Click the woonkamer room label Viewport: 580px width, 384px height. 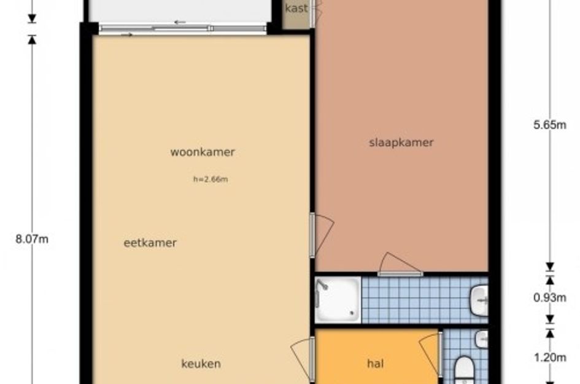(x=203, y=152)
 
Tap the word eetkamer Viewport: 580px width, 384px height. (x=150, y=243)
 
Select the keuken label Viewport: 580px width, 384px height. (x=201, y=364)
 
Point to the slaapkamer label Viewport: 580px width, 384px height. (x=401, y=143)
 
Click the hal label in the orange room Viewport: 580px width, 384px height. (x=376, y=364)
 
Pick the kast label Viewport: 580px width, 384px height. (x=296, y=8)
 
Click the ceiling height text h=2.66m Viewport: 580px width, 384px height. (x=211, y=179)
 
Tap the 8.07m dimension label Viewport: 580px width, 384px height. (x=32, y=239)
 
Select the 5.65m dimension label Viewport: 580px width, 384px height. (x=550, y=125)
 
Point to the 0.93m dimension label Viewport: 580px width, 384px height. (x=550, y=297)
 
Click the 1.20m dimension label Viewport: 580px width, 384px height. (x=550, y=358)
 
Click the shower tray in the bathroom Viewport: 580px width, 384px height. (x=338, y=300)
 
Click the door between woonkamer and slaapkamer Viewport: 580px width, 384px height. (x=322, y=235)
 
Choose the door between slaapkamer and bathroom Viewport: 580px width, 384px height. (x=400, y=265)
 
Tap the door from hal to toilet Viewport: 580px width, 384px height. (x=431, y=355)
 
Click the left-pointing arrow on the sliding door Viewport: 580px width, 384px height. (x=180, y=22)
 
